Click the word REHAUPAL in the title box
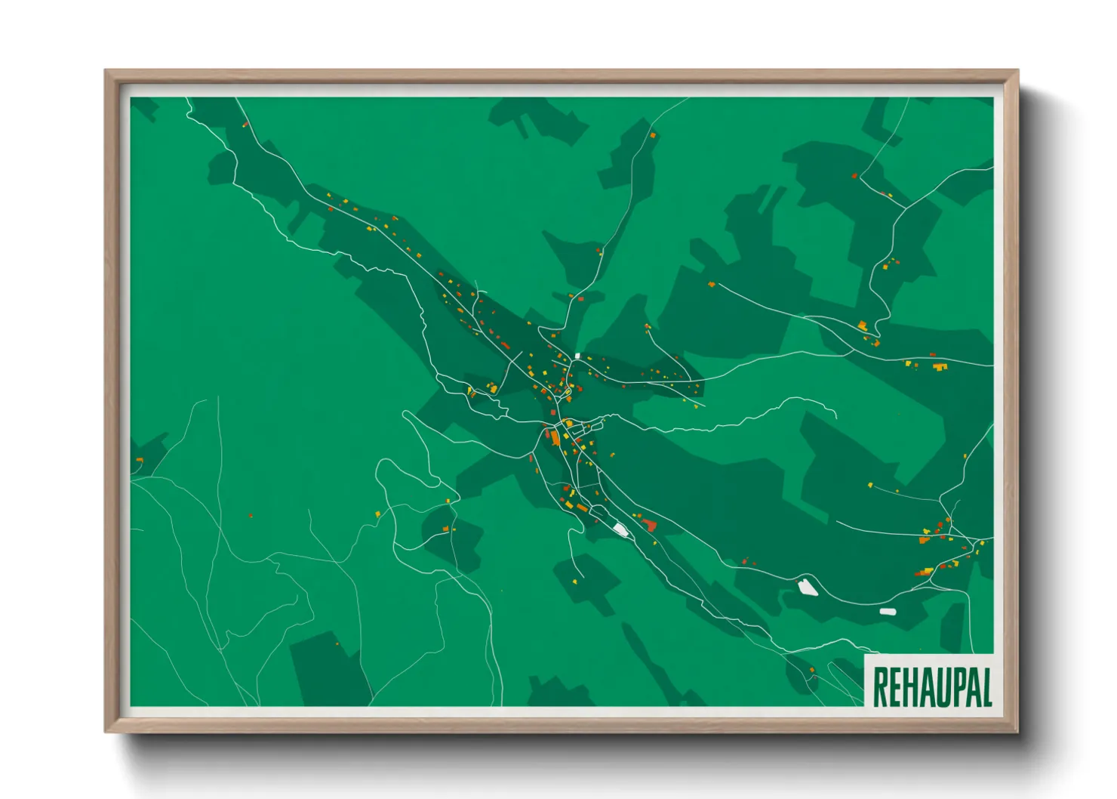pos(931,686)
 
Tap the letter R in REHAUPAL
pos(880,686)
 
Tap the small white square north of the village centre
pos(577,355)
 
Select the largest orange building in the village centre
pos(555,437)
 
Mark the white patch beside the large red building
pos(621,529)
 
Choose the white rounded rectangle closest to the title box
pos(888,611)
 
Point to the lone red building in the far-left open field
pos(251,516)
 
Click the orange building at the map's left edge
pos(139,459)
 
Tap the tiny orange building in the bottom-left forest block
pos(337,644)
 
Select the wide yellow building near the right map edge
pos(940,367)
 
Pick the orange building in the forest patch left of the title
pos(812,670)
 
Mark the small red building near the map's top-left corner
pos(245,124)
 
